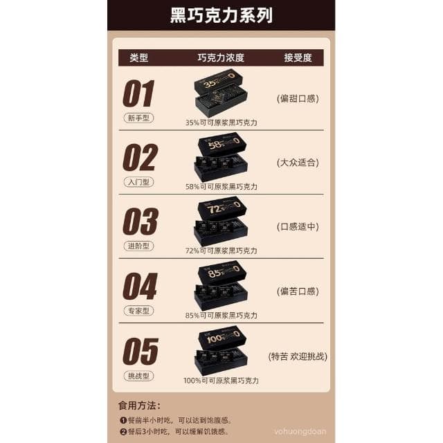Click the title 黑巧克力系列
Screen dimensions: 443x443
221,16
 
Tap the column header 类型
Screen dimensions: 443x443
138,58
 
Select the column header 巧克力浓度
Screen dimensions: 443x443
221,58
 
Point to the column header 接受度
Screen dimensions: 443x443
298,58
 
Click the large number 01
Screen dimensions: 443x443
138,93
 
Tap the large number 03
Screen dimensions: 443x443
141,221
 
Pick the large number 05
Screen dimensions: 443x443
141,351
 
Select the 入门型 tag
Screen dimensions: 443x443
139,182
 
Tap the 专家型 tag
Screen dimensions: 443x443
139,311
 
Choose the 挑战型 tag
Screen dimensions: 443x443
139,375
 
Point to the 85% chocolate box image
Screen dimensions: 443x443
221,285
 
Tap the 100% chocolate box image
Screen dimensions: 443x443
221,350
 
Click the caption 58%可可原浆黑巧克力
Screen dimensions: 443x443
221,187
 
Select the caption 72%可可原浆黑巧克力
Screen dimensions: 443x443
221,251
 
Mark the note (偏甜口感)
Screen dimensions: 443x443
297,98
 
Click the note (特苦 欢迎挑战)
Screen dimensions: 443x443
298,356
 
